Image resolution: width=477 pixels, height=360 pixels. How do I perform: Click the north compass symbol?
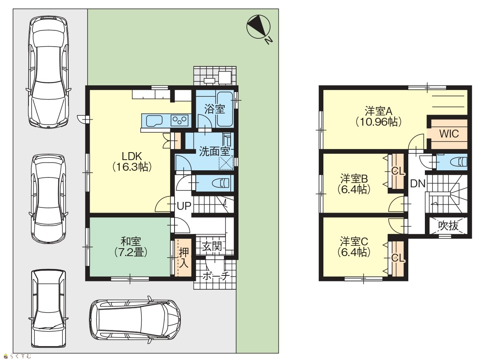click(x=258, y=27)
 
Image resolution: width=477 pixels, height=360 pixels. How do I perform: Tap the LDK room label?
click(x=132, y=156)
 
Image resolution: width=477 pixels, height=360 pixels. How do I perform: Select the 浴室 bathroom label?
click(x=214, y=109)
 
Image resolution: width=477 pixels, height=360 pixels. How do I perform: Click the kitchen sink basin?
click(x=154, y=121)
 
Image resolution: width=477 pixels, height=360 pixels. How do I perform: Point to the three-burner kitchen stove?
click(x=180, y=120)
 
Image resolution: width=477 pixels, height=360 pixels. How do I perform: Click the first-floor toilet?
click(x=222, y=183)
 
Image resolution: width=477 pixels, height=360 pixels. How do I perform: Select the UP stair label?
click(x=184, y=206)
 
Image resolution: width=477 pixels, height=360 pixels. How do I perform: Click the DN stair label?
click(x=417, y=184)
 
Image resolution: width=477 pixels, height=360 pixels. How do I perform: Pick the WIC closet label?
click(x=449, y=134)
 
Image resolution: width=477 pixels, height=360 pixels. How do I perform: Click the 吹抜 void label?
click(x=448, y=226)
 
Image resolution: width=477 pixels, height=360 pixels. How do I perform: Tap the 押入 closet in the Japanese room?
click(x=183, y=258)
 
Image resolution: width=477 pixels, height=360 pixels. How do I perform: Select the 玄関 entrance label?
click(x=212, y=246)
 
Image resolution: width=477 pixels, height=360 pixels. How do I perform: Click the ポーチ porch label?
click(x=216, y=276)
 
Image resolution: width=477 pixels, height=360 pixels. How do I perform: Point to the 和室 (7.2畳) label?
click(x=131, y=247)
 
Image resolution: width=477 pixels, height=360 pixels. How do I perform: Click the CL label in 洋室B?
click(x=398, y=172)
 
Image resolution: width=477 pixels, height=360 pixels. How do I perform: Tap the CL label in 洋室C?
click(x=398, y=258)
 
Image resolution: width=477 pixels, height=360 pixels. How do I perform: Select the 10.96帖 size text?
click(x=378, y=122)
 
